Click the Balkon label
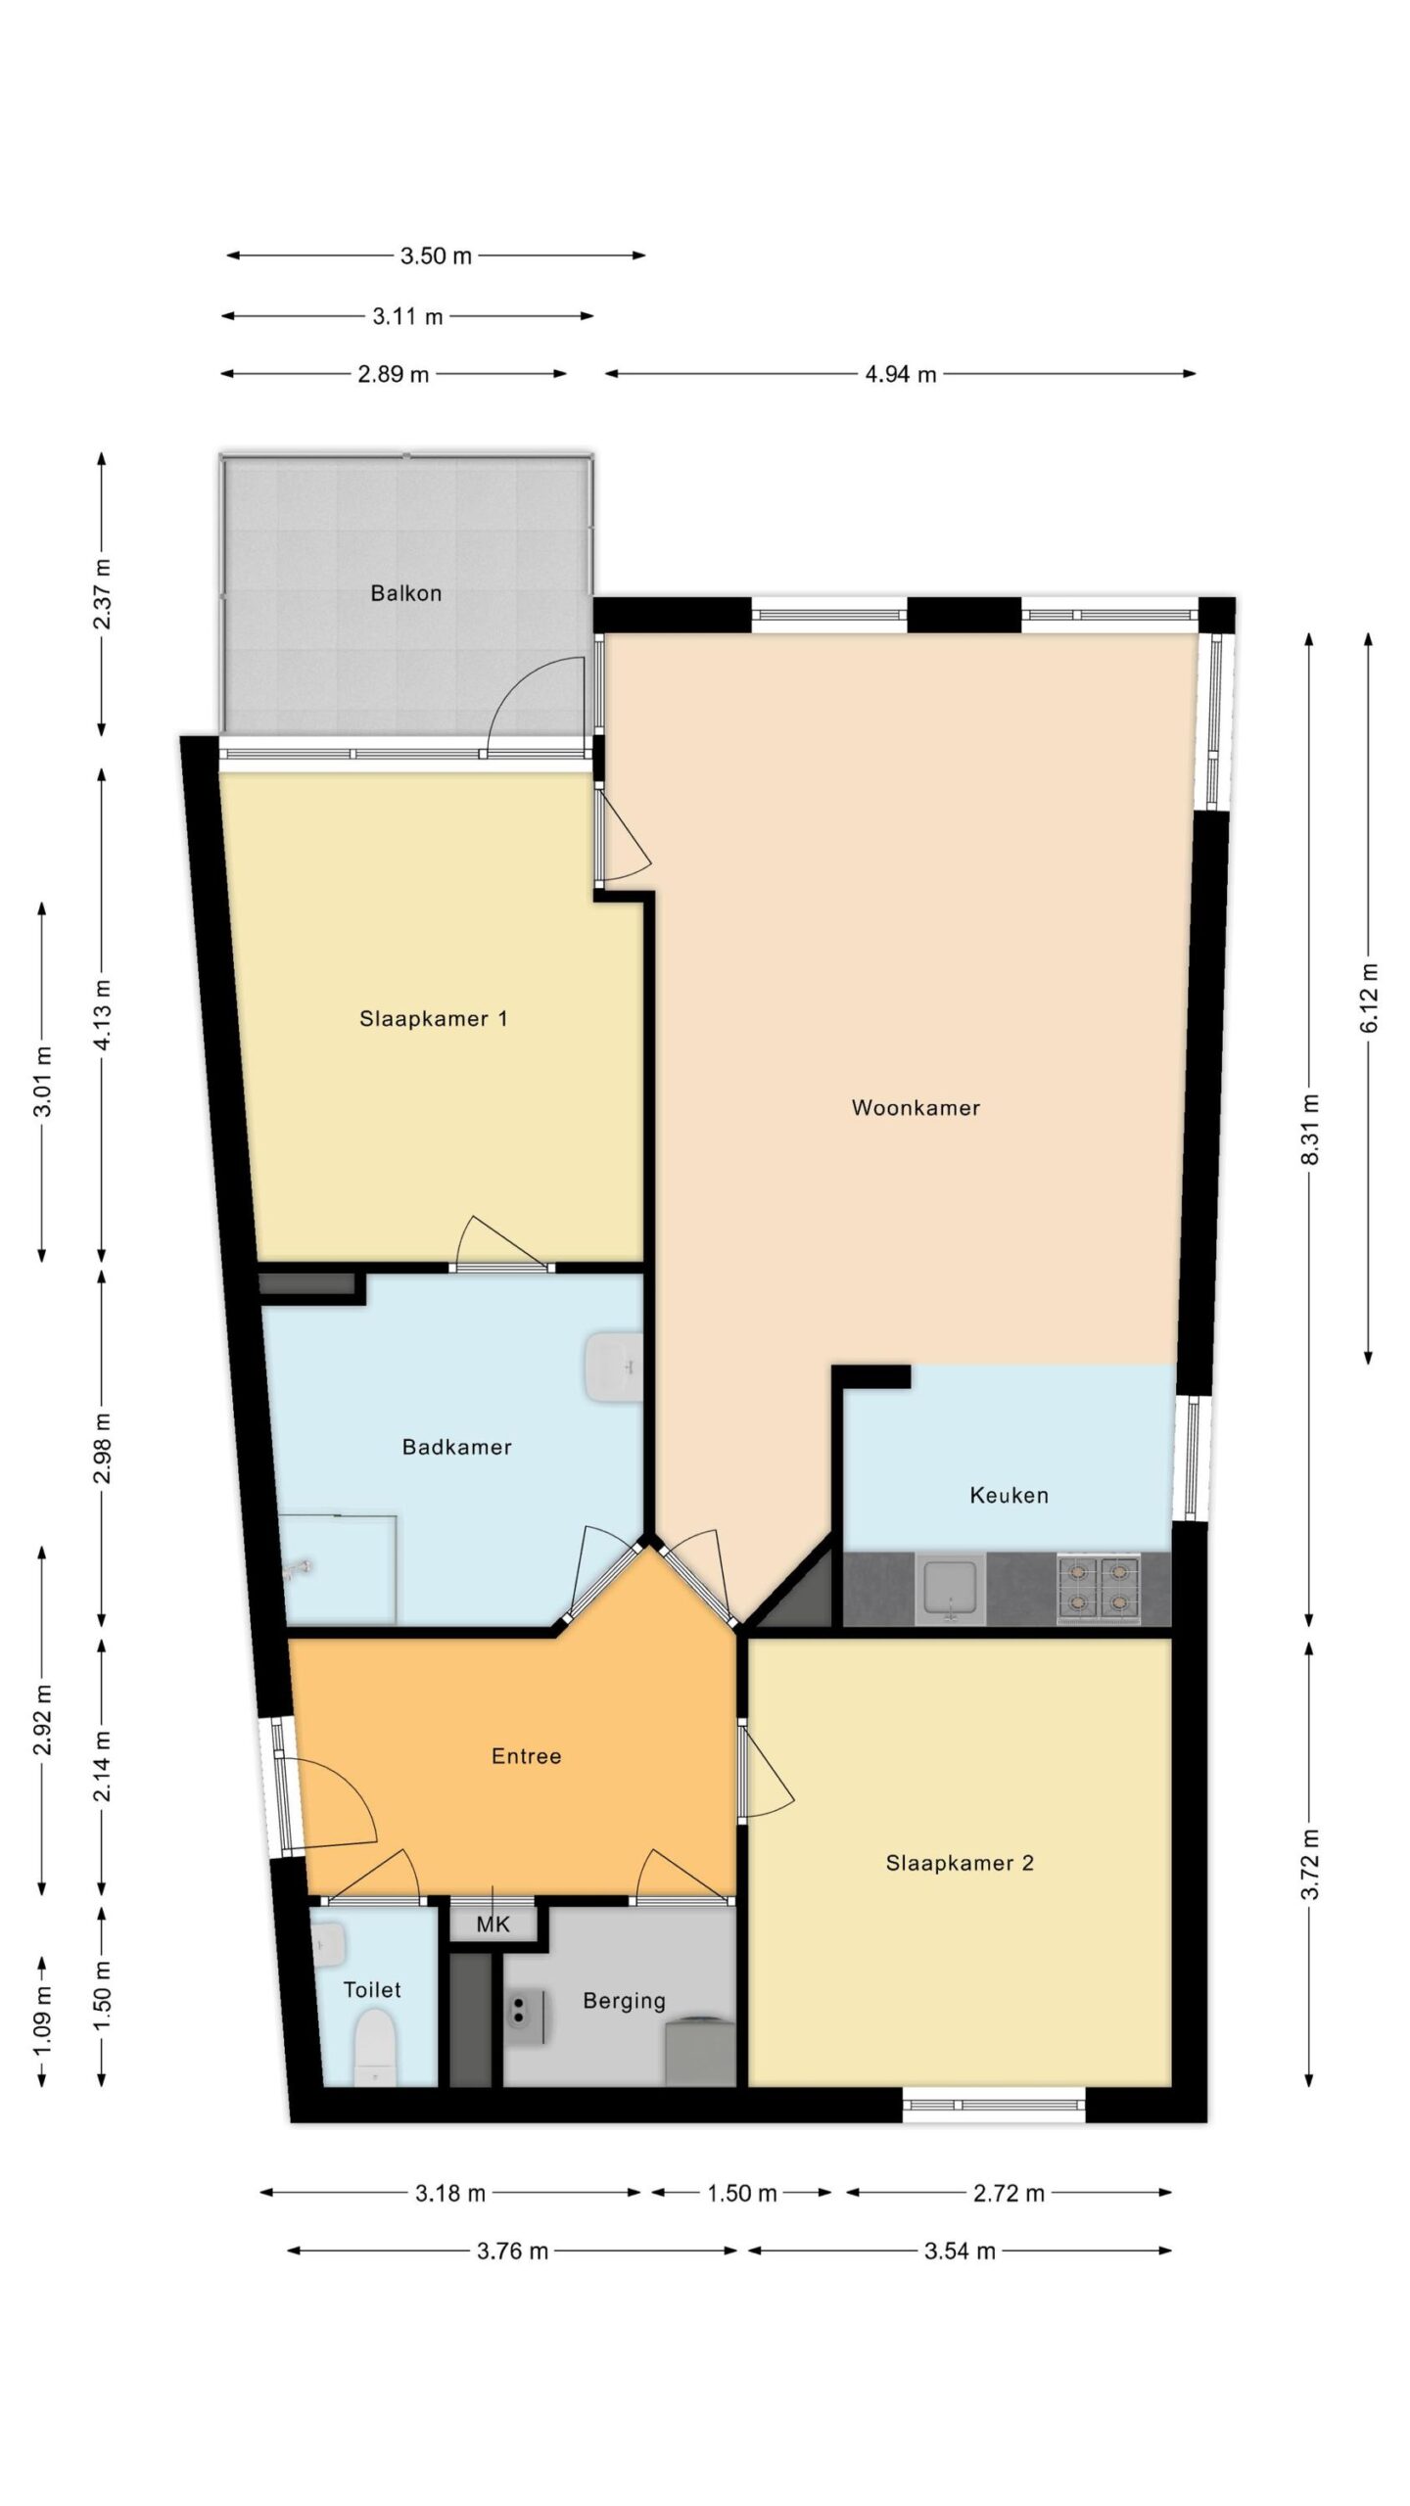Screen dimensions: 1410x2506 (405, 593)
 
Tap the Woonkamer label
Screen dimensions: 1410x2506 (916, 1107)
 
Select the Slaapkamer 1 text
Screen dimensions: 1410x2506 (433, 1018)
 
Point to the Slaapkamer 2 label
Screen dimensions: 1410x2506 (960, 1863)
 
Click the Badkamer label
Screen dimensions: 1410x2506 (456, 1446)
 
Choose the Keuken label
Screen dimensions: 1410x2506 (1009, 1495)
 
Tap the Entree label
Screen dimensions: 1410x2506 (526, 1756)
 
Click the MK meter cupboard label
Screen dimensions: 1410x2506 (493, 1925)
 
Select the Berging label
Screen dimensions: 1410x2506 (624, 2001)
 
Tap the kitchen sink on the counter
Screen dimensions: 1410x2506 (949, 1589)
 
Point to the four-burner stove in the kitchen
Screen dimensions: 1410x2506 (1098, 1588)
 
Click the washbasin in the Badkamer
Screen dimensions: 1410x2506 (614, 1367)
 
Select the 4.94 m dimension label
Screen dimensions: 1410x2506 (900, 374)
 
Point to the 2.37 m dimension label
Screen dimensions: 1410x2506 (102, 594)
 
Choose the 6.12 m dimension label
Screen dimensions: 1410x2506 (1369, 997)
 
